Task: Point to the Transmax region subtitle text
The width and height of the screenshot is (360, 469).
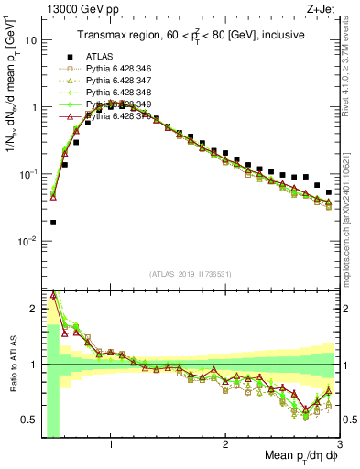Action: [x=190, y=36]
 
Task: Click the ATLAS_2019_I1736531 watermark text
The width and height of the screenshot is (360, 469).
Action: [x=190, y=274]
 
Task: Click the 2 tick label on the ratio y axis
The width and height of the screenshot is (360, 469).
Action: [x=34, y=309]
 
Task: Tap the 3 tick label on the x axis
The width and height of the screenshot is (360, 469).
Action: [x=339, y=443]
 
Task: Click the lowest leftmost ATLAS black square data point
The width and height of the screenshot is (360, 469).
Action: [x=53, y=222]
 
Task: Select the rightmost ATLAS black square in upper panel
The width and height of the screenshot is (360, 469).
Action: [x=329, y=192]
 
